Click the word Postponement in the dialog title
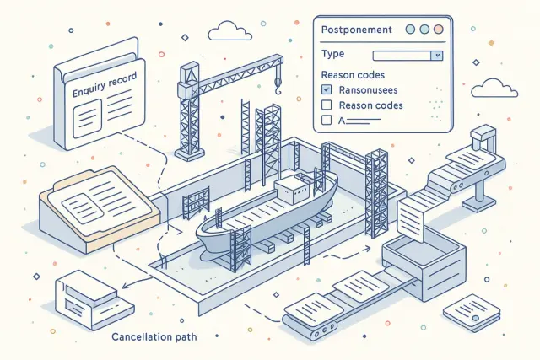coord(357,30)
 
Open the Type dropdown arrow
coord(436,55)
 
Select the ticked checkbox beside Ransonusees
coord(327,89)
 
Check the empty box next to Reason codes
coord(327,105)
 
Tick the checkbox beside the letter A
coord(327,121)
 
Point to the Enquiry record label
coord(105,83)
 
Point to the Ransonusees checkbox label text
coord(367,89)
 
